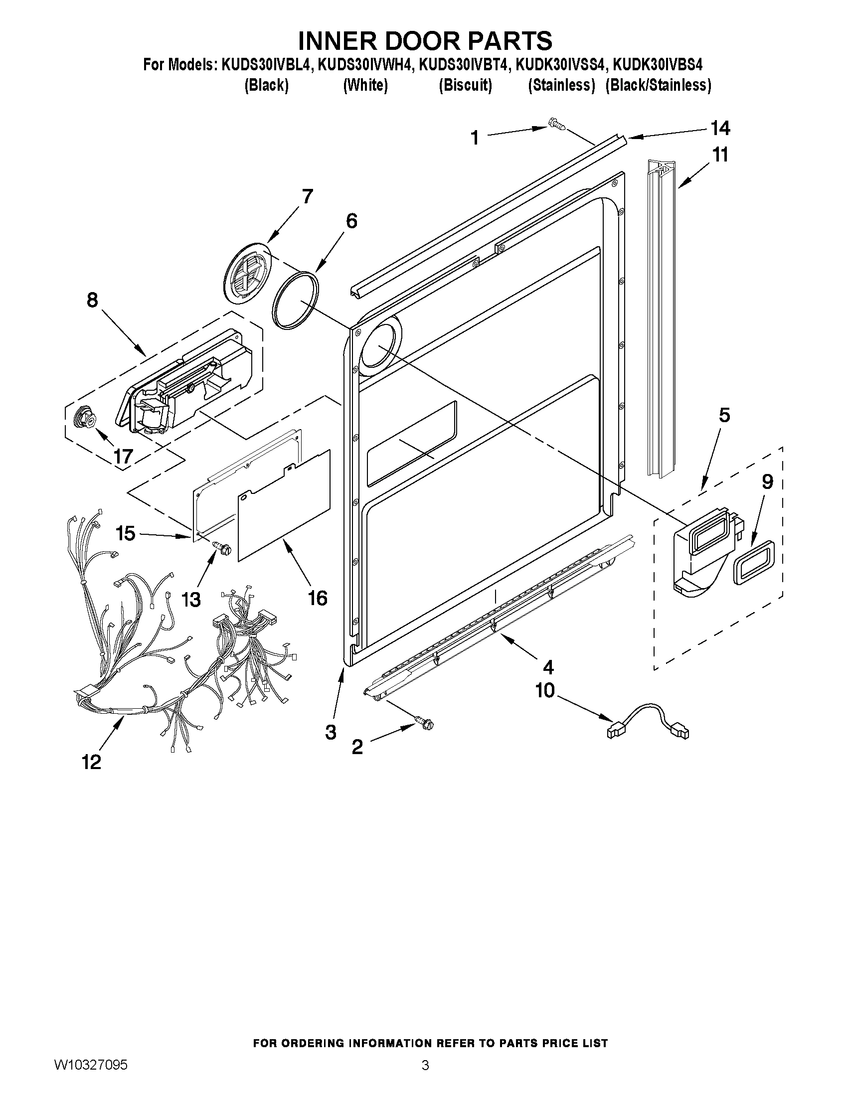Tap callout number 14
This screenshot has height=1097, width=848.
point(720,129)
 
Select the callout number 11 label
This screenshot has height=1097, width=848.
point(720,155)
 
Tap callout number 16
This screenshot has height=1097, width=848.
point(318,597)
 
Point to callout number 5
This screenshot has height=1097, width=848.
point(724,416)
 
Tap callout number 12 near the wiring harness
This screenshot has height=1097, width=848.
point(91,762)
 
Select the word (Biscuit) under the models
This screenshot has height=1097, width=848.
point(465,86)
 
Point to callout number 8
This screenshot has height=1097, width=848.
point(92,301)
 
